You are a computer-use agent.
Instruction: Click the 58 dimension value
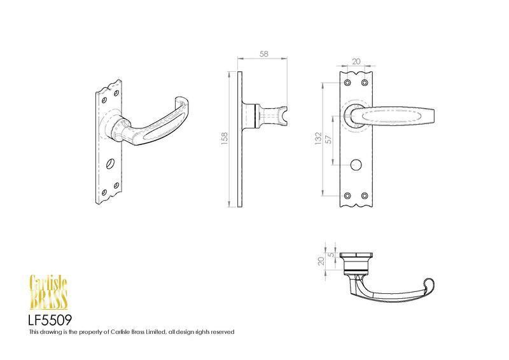(264, 54)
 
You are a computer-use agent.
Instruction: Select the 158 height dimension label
(225, 138)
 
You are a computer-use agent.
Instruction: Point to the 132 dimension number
(318, 138)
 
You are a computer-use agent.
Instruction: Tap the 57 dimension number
(329, 139)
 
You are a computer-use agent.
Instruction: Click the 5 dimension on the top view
(331, 255)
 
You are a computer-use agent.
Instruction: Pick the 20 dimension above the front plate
(356, 61)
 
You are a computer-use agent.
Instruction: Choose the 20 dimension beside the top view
(321, 261)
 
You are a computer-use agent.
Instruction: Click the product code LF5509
(50, 321)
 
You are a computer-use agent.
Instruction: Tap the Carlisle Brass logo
(48, 292)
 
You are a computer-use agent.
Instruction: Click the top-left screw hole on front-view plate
(347, 83)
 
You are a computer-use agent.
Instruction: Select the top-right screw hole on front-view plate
(365, 83)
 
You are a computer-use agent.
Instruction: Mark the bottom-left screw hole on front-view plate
(347, 196)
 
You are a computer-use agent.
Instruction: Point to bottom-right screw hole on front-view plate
(365, 196)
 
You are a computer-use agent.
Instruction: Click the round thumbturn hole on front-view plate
(356, 164)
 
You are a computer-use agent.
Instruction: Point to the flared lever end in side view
(283, 116)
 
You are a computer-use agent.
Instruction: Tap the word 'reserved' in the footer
(223, 332)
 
